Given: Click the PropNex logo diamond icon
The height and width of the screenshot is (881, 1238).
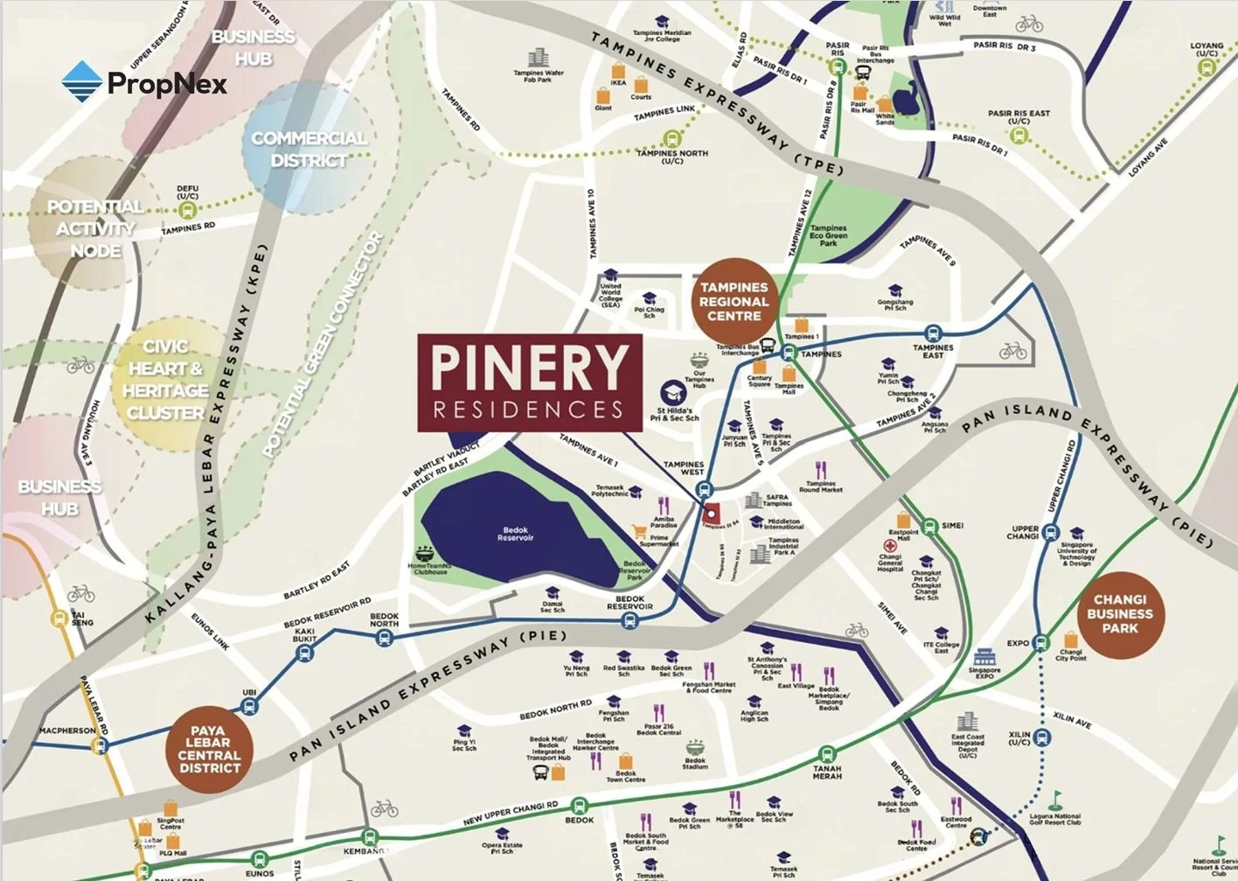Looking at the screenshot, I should click(82, 82).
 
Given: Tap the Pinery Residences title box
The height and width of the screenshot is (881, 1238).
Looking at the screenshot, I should click(530, 382).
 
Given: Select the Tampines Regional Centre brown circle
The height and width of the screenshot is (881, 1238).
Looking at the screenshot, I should click(734, 301).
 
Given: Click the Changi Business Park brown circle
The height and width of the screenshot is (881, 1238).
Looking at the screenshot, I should click(1119, 614).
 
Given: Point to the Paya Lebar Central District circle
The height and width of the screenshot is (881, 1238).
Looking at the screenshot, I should click(209, 750).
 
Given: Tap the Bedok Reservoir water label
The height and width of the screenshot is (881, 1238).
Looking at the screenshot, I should click(515, 534).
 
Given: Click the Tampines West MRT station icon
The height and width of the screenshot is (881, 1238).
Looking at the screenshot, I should click(705, 490).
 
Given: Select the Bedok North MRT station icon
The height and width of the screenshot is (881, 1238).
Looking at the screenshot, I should click(384, 639).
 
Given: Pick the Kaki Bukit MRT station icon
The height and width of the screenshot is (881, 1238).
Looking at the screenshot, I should click(304, 653).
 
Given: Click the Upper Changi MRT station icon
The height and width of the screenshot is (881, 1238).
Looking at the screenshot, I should click(1050, 532).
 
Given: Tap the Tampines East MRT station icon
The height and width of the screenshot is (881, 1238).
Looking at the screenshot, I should click(933, 333).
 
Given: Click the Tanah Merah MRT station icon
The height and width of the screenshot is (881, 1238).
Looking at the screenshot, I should click(826, 753).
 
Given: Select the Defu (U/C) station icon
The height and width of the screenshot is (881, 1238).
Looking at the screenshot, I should click(187, 210).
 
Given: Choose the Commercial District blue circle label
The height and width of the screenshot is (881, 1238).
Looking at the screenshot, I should click(309, 150).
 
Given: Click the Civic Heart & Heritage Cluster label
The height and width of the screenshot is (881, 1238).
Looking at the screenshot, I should click(165, 380).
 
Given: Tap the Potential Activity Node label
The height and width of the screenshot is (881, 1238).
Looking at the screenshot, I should click(95, 228).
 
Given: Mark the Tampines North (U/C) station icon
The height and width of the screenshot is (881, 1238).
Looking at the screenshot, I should click(671, 138).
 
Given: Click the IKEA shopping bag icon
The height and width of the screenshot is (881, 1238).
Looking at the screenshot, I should click(618, 70).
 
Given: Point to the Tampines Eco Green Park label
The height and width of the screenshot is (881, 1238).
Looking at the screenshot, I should click(828, 234).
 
